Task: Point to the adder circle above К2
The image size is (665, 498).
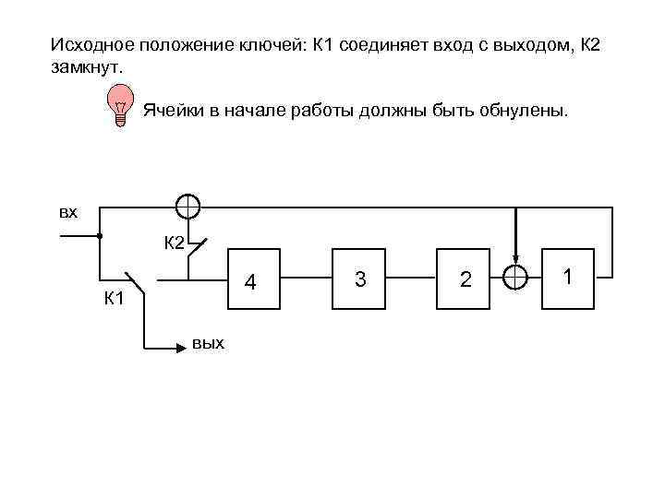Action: [187, 206]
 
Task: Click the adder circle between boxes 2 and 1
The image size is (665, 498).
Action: [515, 277]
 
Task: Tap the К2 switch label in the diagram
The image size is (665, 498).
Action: [175, 243]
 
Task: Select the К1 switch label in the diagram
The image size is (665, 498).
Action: [115, 299]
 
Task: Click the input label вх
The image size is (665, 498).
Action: [68, 213]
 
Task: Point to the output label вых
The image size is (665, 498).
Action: [208, 343]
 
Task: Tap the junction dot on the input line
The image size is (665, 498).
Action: [100, 237]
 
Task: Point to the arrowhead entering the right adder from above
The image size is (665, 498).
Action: [515, 261]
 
